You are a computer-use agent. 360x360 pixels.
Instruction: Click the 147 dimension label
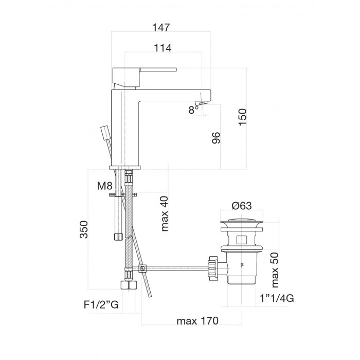161,27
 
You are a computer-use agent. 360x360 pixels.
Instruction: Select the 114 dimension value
163,48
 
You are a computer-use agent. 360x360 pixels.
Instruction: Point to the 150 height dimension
242,117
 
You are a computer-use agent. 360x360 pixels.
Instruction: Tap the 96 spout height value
216,138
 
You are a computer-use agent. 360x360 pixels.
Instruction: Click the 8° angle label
193,110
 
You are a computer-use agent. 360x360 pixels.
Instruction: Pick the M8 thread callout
105,186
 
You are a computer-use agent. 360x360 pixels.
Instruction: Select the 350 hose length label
84,229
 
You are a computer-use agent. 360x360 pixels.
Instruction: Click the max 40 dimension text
165,213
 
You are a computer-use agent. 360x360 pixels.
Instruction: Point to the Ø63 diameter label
242,206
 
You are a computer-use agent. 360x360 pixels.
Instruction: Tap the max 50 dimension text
275,270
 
